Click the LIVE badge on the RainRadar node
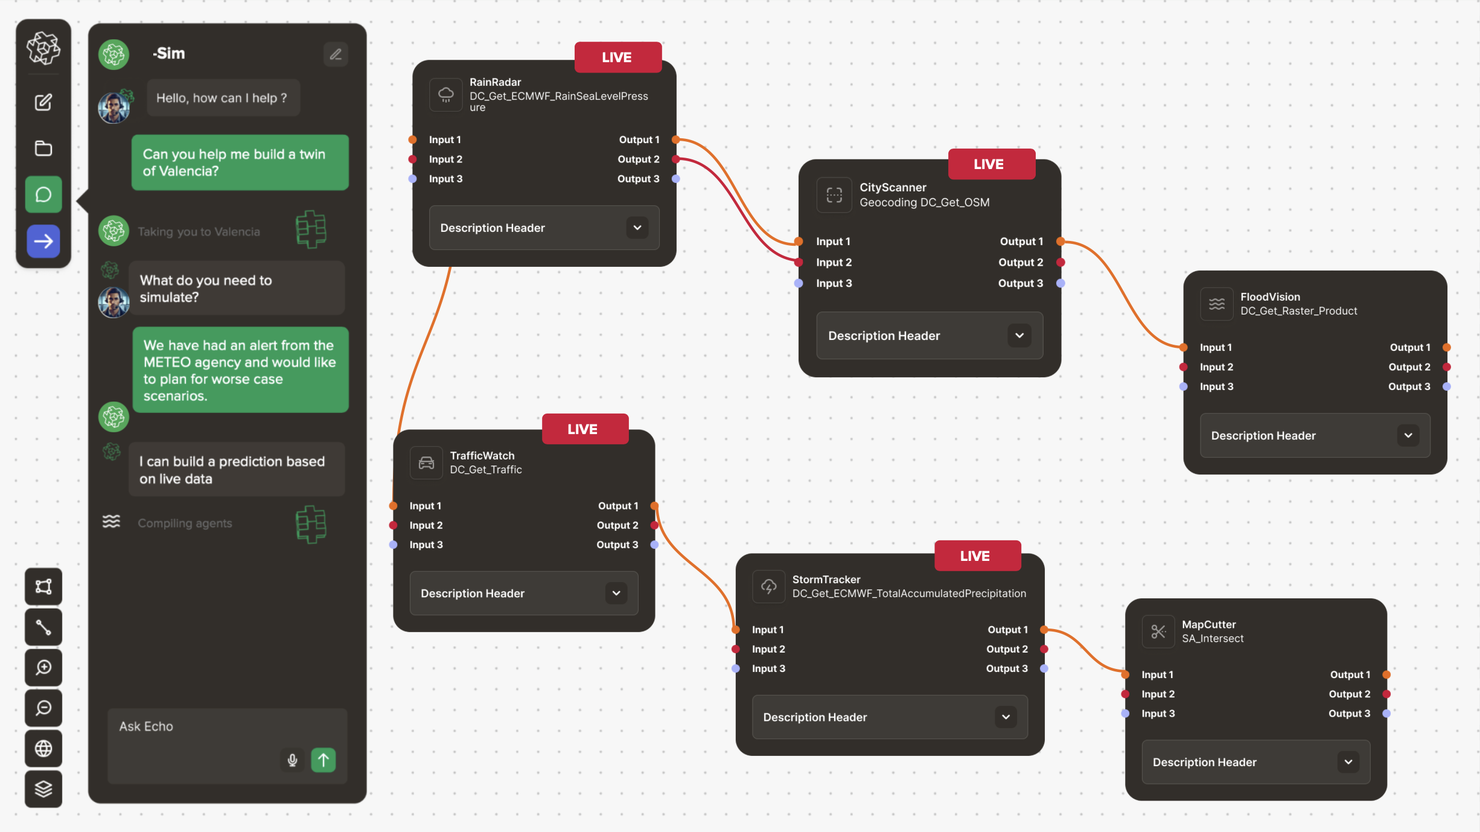[x=617, y=57]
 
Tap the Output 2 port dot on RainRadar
[x=676, y=159]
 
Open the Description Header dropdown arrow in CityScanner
[x=1019, y=336]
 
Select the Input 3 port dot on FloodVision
[x=1184, y=386]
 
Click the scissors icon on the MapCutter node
[x=1158, y=632]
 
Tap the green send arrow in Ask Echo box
[x=324, y=760]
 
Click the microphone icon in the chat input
[x=292, y=760]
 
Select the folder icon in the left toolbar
[x=43, y=148]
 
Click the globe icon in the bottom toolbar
[x=43, y=748]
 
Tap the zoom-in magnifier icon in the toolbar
[x=43, y=667]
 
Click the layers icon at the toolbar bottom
[x=43, y=789]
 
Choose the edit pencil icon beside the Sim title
[x=336, y=54]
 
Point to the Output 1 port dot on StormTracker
[x=1044, y=630]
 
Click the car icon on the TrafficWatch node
[x=426, y=463]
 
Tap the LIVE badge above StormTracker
[x=975, y=556]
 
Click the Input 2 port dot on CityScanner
[x=799, y=263]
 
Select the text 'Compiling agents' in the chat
[x=185, y=523]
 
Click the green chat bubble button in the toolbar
[x=43, y=194]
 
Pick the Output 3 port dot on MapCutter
[x=1386, y=714]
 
